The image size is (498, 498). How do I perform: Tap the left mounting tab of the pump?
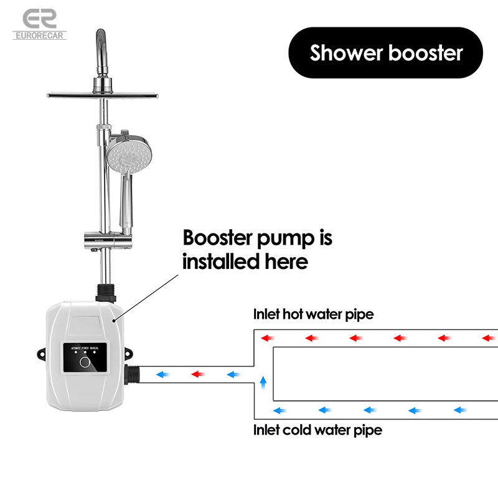(40, 353)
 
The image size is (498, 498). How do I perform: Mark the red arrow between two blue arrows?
(198, 375)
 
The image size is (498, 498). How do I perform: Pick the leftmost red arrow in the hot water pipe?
(268, 338)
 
